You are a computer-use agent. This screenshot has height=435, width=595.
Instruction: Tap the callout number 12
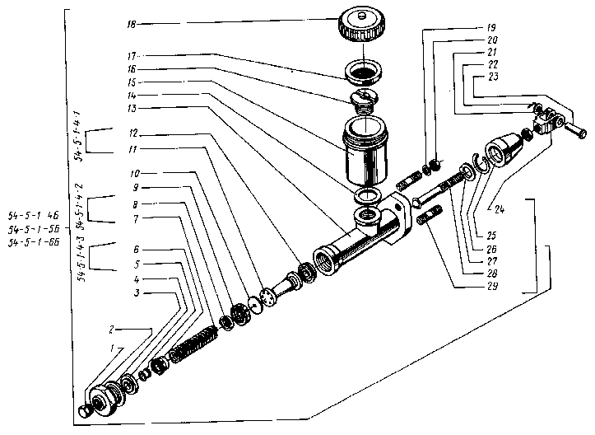pos(132,133)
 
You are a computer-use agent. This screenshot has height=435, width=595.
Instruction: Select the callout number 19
pos(491,28)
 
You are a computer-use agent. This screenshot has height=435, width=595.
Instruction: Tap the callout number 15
pos(132,83)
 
